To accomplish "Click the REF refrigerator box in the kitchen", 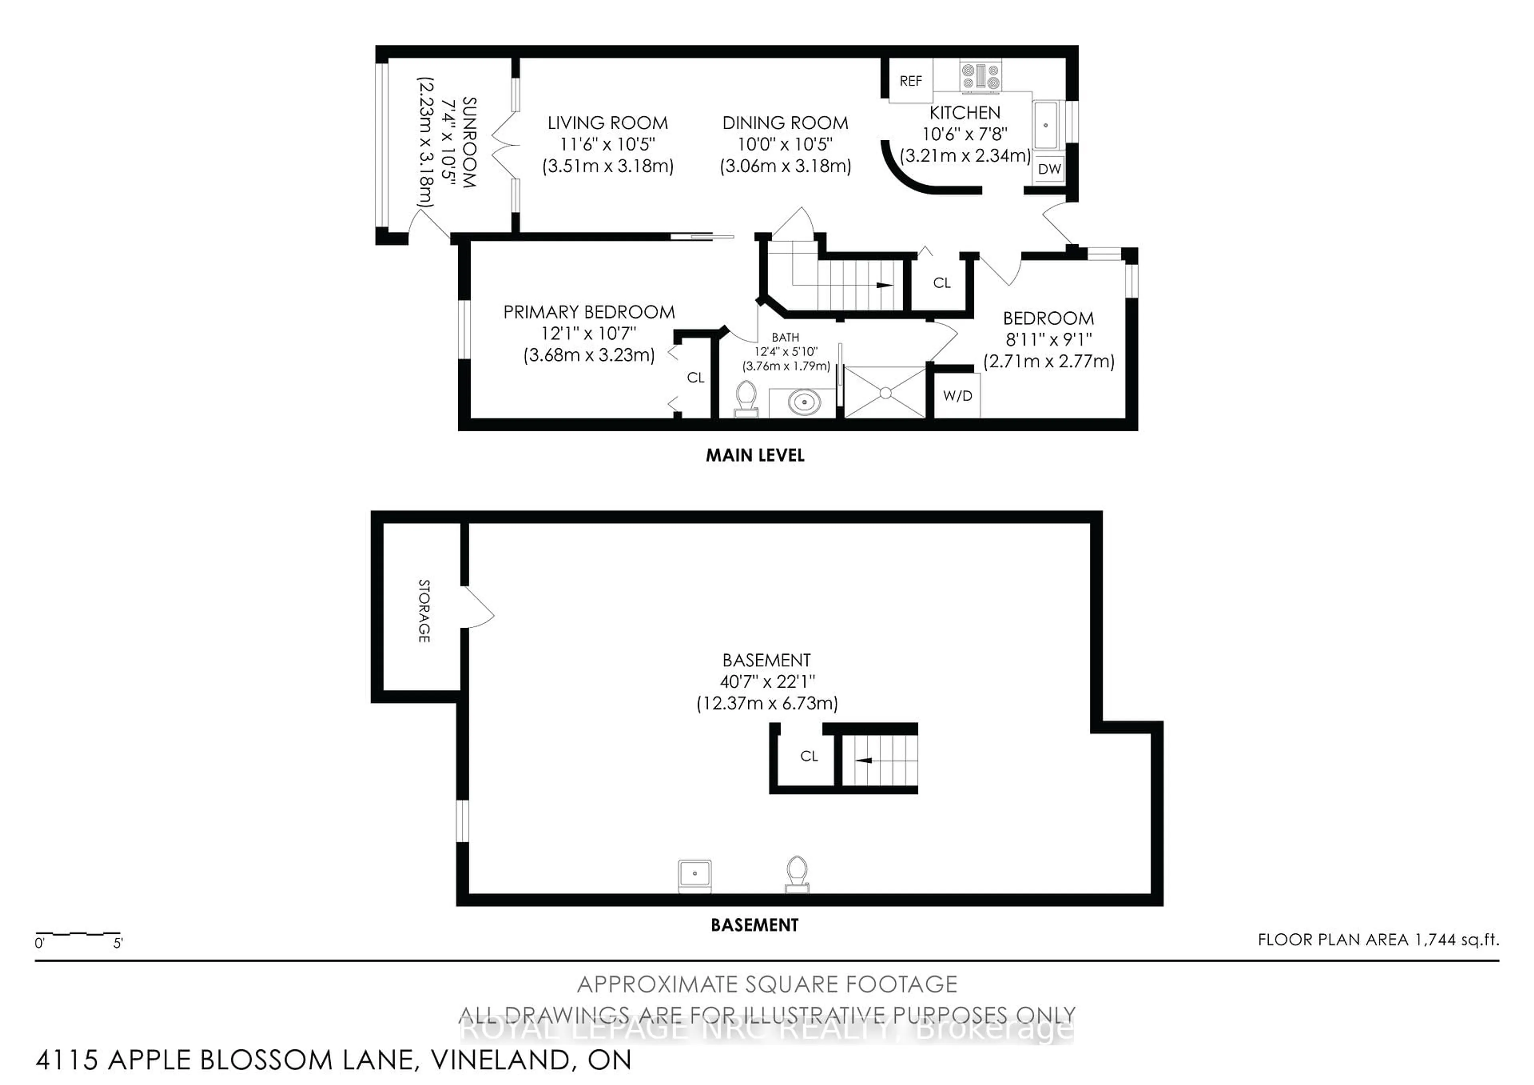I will (910, 81).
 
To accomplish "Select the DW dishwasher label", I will (1049, 169).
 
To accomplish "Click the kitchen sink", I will (1045, 125).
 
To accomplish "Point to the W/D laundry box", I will (957, 396).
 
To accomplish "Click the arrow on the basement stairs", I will (864, 760).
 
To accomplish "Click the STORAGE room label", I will (423, 611).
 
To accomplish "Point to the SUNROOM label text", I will (469, 142).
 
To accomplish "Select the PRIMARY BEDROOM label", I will (588, 312).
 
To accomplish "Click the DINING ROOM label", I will (785, 123).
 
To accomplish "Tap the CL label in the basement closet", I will (809, 756).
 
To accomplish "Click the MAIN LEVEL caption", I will (755, 456).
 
